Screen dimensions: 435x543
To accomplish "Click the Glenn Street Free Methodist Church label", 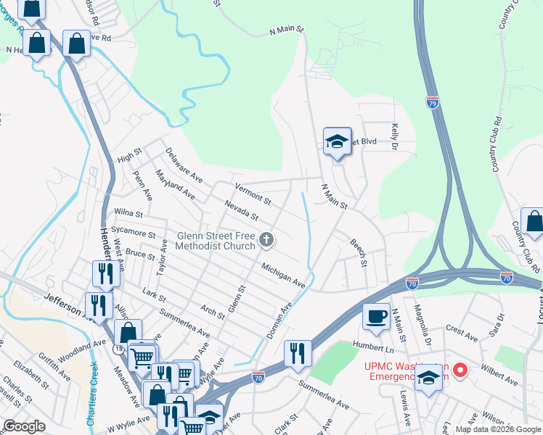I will point(216,241).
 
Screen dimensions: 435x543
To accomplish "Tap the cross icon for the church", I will point(267,240).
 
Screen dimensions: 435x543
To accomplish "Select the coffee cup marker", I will point(376,316).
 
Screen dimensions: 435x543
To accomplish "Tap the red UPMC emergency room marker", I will point(460,371).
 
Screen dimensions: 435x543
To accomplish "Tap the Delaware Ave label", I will point(183,165).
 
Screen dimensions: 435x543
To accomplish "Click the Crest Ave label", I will point(462,333).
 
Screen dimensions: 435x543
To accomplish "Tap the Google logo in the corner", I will point(24,426).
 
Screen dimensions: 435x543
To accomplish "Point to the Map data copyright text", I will point(497,429).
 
